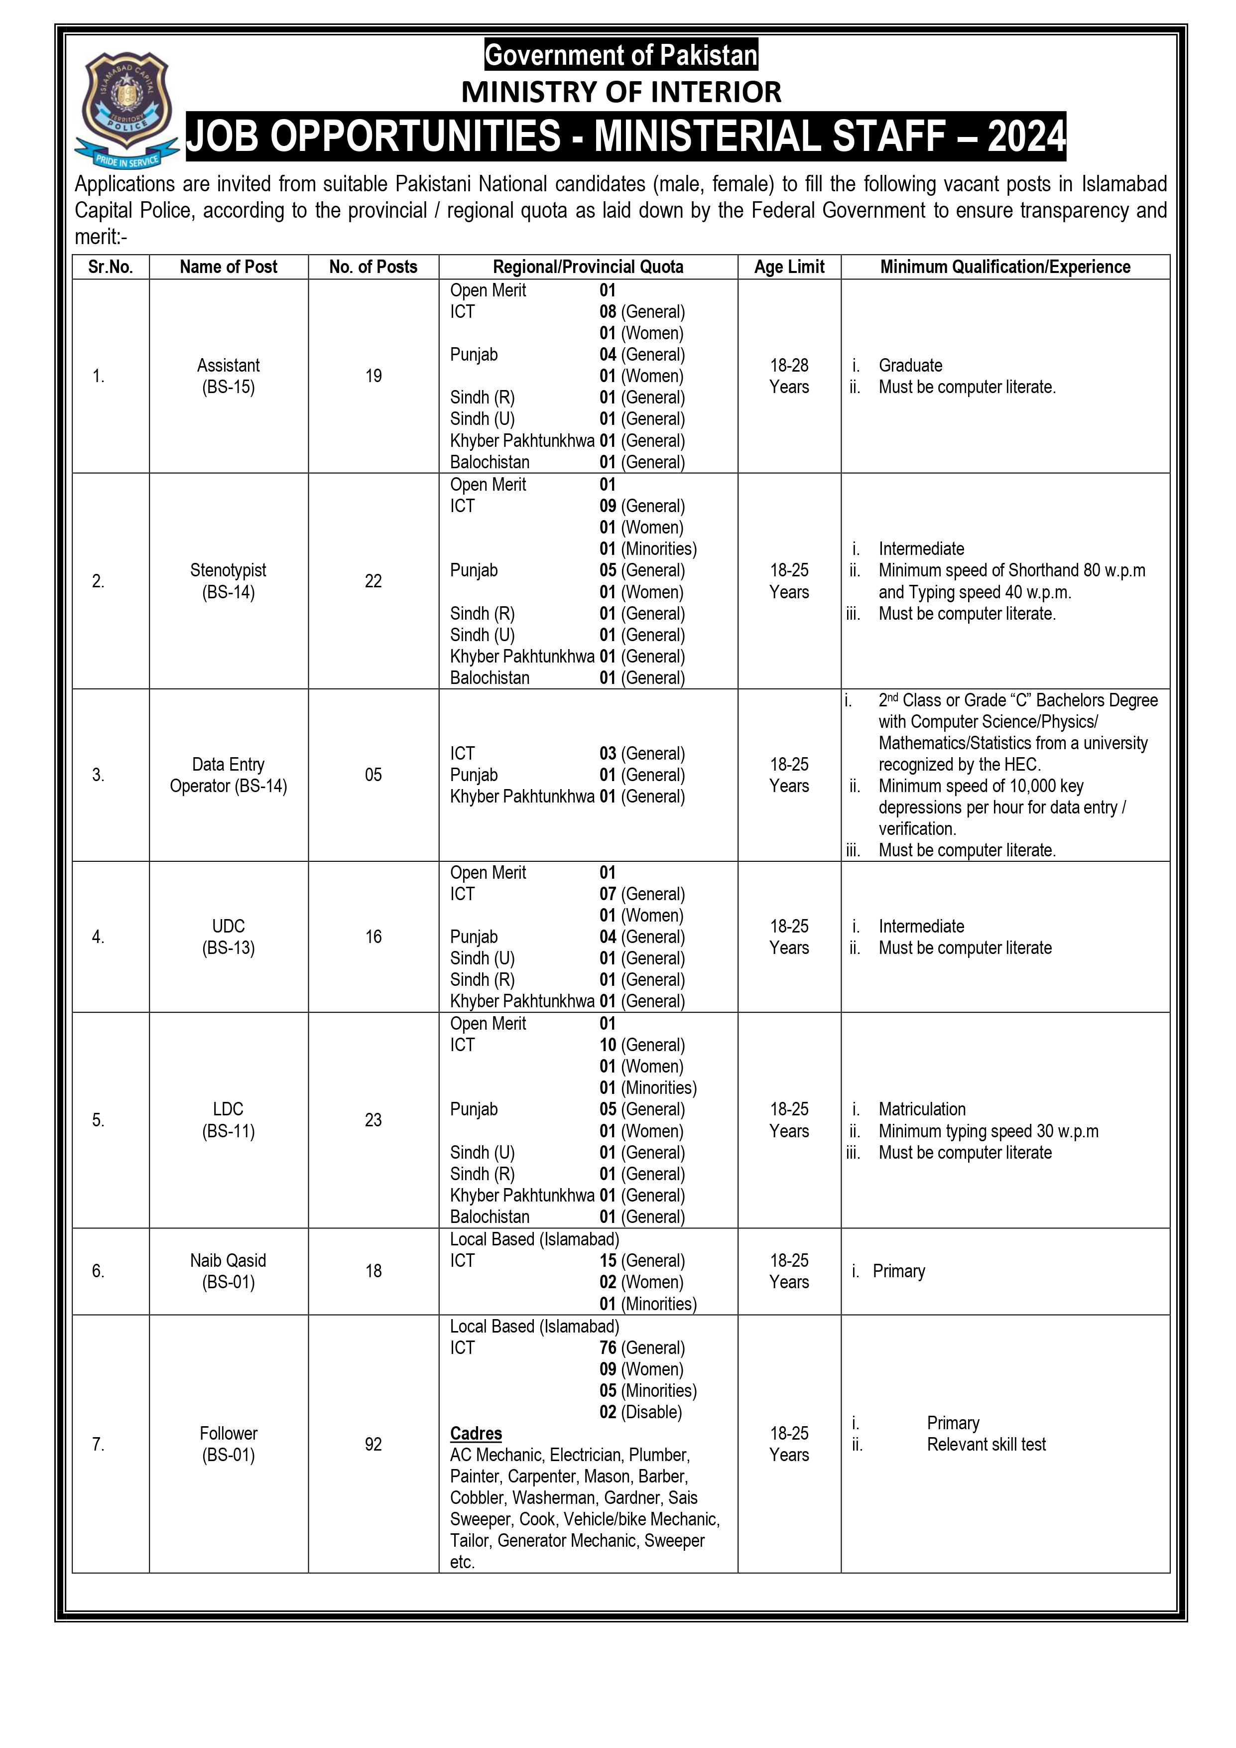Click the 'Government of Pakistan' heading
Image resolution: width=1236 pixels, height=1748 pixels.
pos(621,55)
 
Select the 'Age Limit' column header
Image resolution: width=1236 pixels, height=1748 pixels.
pos(789,267)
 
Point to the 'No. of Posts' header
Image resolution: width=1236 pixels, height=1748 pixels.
pos(373,267)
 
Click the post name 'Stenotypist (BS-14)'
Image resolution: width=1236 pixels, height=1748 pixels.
pos(228,581)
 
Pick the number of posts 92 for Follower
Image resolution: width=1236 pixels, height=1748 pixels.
pos(373,1444)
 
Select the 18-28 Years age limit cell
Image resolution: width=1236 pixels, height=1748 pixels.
pos(789,376)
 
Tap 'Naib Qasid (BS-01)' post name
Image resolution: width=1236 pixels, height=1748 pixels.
pos(228,1271)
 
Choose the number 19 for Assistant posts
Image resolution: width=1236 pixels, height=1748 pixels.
pos(373,376)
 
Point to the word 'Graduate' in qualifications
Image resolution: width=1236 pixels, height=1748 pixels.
pos(910,366)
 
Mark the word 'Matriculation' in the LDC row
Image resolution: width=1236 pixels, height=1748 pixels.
pos(922,1109)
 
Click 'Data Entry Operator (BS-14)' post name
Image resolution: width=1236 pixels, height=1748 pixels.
pos(228,775)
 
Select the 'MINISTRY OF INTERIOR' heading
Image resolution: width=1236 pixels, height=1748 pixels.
pos(621,92)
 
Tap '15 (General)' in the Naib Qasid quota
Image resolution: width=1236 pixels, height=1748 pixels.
pos(641,1261)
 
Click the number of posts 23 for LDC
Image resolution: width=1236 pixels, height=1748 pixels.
pos(373,1120)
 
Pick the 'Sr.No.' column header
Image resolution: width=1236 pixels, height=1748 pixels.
pos(111,267)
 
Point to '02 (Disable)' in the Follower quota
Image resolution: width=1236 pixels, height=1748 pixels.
pos(640,1412)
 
